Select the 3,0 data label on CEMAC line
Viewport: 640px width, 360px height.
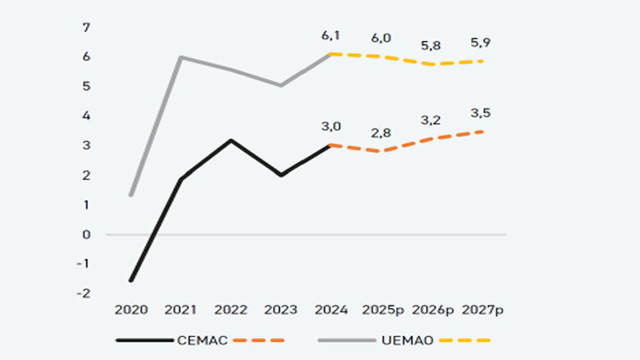tap(331, 126)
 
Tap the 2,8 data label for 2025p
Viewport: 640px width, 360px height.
tap(380, 132)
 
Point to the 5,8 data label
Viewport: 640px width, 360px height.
tap(431, 46)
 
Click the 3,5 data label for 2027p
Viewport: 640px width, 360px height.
tap(481, 112)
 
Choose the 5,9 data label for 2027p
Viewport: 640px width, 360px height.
tap(481, 42)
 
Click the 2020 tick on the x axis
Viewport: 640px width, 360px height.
tap(131, 310)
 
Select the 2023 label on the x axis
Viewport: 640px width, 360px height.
tap(281, 310)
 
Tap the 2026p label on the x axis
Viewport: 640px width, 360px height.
tap(432, 310)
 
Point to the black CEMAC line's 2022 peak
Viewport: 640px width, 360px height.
tap(231, 140)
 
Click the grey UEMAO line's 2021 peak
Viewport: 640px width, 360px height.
tap(181, 57)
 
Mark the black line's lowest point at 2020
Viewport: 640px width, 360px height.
tap(131, 280)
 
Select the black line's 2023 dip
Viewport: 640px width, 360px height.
tap(281, 175)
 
